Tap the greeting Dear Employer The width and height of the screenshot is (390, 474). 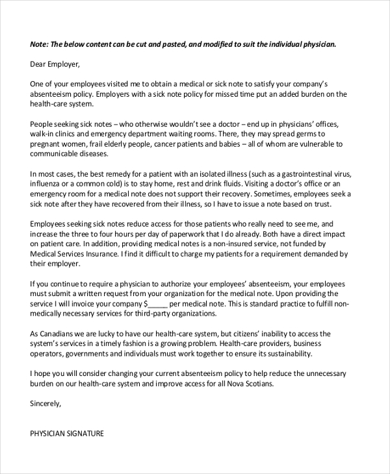(x=55, y=64)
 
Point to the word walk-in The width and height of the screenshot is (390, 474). (x=44, y=134)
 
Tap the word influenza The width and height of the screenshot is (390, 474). (x=47, y=184)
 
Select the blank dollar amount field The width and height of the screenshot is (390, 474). (x=157, y=304)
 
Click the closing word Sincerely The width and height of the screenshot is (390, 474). (x=45, y=403)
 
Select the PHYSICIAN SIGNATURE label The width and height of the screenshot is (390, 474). (x=67, y=433)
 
